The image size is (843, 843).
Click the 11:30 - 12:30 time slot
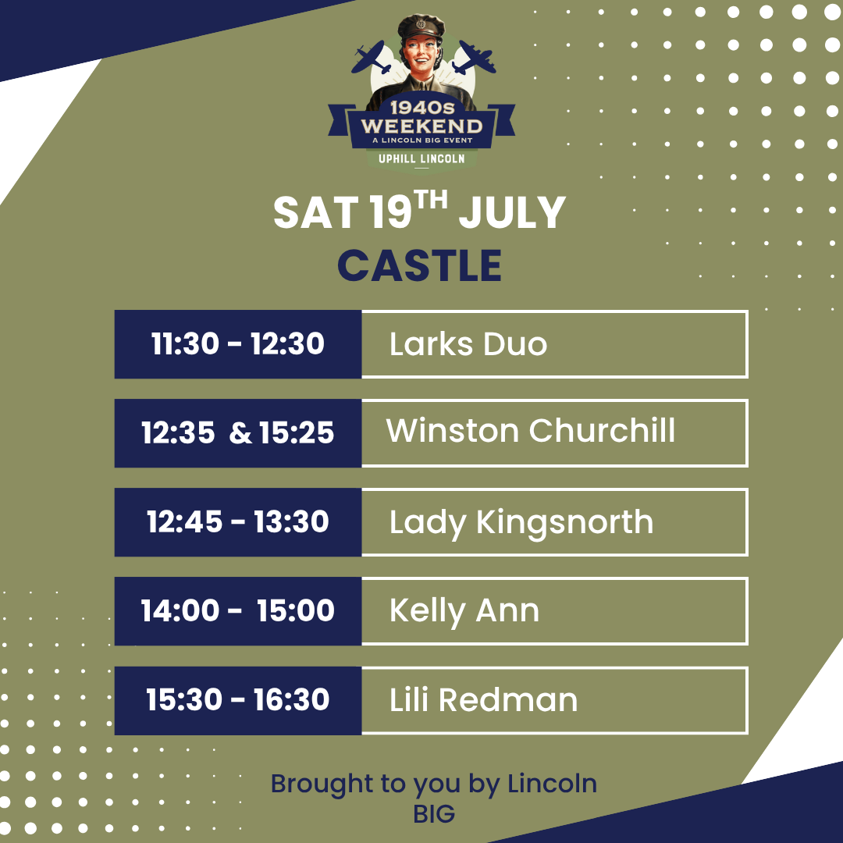237,344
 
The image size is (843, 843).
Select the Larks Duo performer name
468,344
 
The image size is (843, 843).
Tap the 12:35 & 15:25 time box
237,432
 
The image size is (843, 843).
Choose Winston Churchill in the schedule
530,430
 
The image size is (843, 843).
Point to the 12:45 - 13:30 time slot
237,522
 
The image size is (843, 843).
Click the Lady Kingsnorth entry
521,523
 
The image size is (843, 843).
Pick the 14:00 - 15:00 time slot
237,611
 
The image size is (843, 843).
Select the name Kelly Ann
464,612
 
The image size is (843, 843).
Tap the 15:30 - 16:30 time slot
237,700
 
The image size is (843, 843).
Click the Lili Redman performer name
483,699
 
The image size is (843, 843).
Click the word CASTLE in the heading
419,265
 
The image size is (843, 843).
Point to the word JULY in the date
512,213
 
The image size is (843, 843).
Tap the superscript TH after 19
431,200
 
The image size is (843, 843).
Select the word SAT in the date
316,213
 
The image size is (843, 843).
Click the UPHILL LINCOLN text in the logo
421,158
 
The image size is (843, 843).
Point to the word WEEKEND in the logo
421,126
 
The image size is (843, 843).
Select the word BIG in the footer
434,814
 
